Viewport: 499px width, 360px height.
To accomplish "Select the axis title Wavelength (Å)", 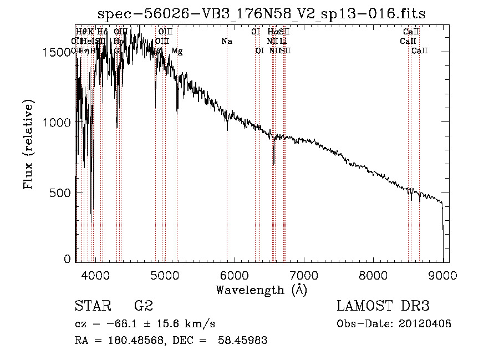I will (261, 290).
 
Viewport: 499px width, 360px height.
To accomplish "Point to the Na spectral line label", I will (226, 42).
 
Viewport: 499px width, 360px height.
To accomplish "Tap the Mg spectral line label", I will (177, 51).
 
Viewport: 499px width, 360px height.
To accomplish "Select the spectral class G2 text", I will (144, 306).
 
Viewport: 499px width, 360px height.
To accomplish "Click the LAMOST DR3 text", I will (383, 306).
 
